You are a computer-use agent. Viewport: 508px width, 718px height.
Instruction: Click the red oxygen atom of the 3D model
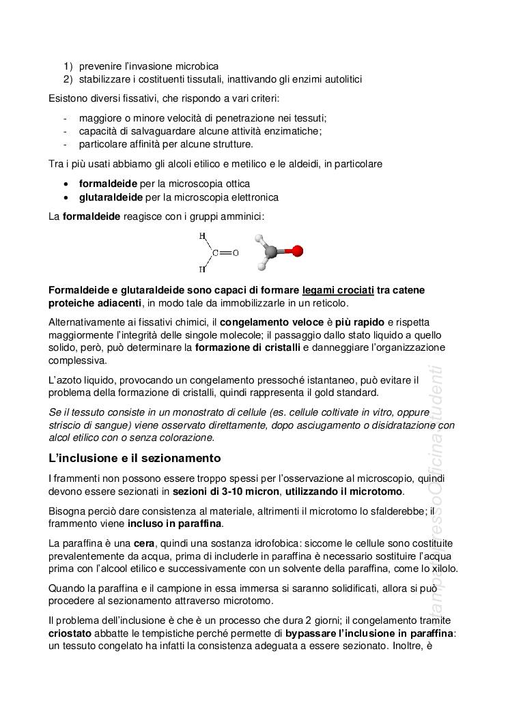tap(297, 251)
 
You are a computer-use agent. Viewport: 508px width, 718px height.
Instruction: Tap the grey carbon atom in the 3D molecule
tap(271, 253)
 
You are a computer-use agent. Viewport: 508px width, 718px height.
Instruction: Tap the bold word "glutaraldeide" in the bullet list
tap(111, 197)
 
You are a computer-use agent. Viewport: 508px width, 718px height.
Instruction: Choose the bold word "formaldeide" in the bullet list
tap(108, 184)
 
